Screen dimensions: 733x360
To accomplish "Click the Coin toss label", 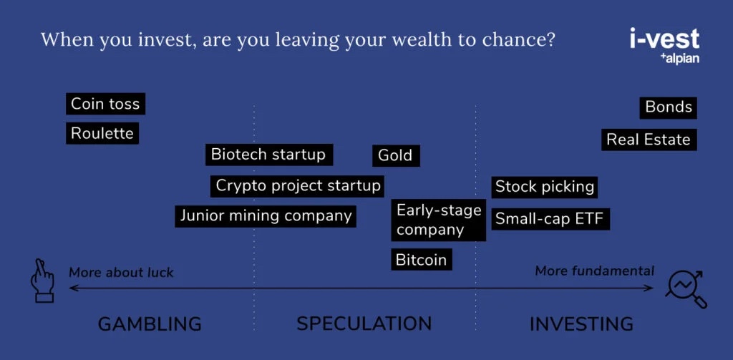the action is (106, 104).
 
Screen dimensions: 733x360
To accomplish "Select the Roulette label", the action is (102, 133).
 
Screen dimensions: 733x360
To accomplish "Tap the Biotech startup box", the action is (269, 155).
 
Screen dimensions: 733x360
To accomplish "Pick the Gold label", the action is (396, 156).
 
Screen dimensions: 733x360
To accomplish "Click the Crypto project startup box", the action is (298, 186).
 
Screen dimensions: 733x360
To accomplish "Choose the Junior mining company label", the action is (266, 216).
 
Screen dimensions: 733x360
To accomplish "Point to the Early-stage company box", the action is (439, 220).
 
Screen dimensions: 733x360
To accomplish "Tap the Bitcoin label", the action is (422, 260).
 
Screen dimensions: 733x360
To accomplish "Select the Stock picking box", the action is (545, 187).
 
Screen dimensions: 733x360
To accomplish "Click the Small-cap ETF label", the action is (550, 219).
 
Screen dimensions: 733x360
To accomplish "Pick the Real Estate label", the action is (649, 140).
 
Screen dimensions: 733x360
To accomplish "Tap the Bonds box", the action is (669, 107).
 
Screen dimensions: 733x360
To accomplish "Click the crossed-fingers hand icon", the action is (42, 281).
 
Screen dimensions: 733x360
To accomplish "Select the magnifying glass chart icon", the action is (686, 289).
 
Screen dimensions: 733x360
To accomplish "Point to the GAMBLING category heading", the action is (150, 323).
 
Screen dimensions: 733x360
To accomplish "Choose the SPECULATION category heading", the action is (364, 323).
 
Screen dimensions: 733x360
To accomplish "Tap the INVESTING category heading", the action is (581, 323).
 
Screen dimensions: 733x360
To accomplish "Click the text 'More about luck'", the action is (121, 272).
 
